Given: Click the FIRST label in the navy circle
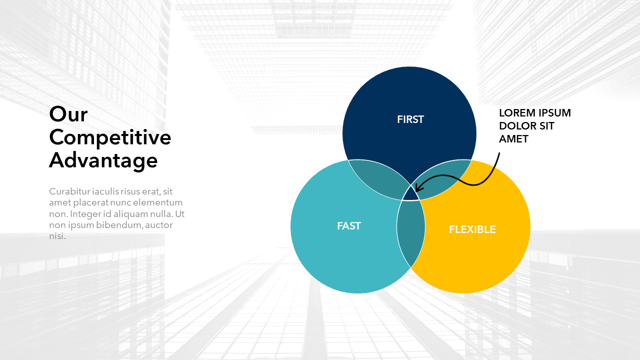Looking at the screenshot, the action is point(410,119).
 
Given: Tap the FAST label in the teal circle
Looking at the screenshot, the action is point(349,226).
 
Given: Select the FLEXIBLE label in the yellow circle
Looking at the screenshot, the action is point(472,229).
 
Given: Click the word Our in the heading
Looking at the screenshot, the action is point(68,114).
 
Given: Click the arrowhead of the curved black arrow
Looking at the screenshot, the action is point(417,188).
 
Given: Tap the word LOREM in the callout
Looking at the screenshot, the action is point(517,113).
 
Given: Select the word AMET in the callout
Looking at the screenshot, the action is point(513,139).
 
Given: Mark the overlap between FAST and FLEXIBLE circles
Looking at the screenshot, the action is point(411,233).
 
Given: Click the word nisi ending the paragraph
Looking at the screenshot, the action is point(57,236).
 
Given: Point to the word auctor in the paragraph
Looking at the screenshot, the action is point(159,225).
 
